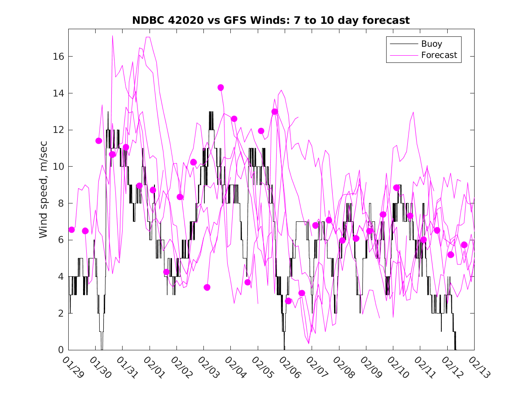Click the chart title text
tap(271, 21)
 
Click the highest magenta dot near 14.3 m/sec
tap(220, 88)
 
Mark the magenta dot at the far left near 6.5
tap(71, 230)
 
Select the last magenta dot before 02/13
tap(464, 245)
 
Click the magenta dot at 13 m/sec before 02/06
tap(275, 112)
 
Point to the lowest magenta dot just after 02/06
tap(288, 301)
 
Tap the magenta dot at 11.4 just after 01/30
tap(99, 141)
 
